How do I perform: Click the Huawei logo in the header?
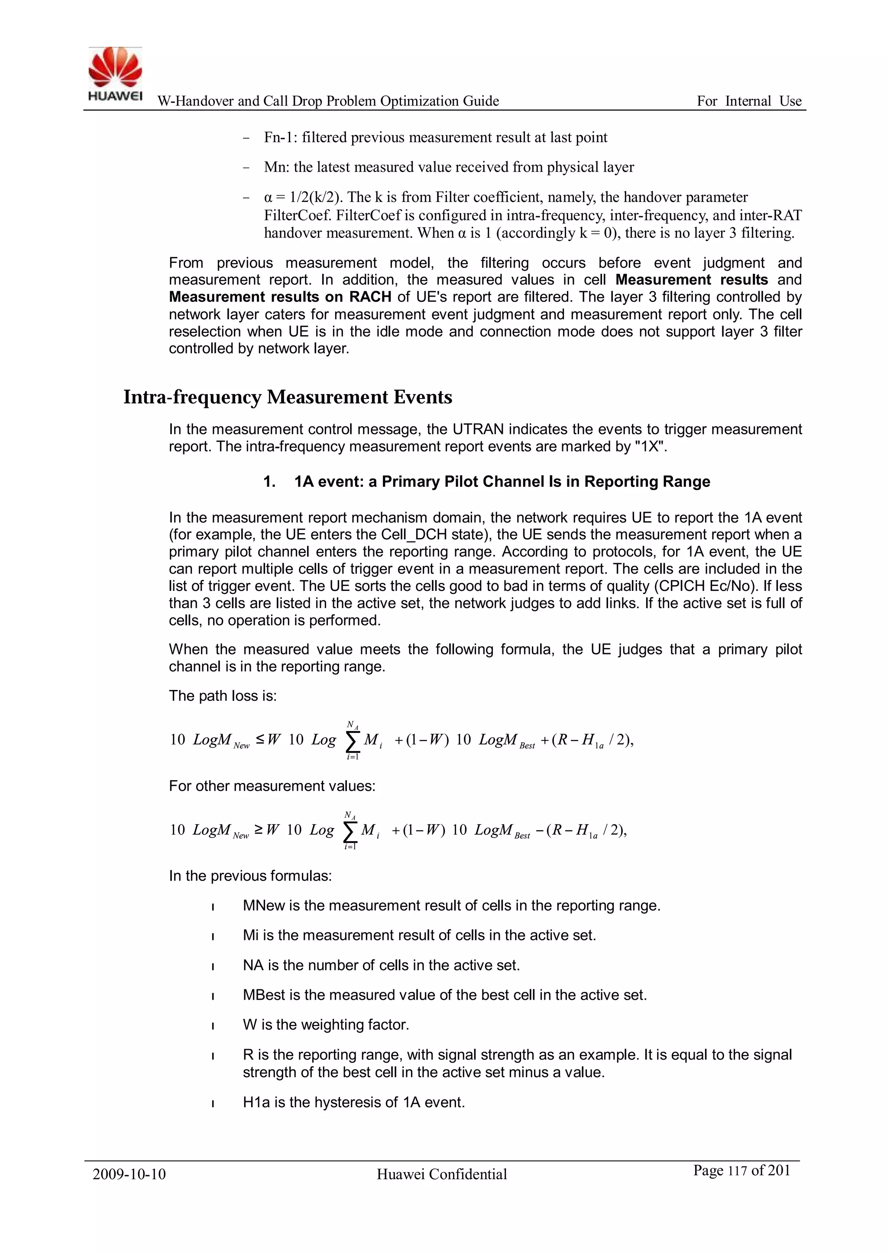click(115, 74)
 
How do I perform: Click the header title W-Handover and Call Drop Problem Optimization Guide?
click(328, 101)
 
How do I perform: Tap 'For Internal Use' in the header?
click(749, 101)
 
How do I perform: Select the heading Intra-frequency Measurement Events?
click(288, 397)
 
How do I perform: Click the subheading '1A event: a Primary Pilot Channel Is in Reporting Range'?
click(502, 482)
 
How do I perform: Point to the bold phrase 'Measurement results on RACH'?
click(280, 297)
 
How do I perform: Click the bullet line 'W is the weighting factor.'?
click(326, 1024)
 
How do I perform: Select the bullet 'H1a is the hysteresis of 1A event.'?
click(353, 1102)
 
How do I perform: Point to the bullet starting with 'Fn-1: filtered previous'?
click(435, 138)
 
